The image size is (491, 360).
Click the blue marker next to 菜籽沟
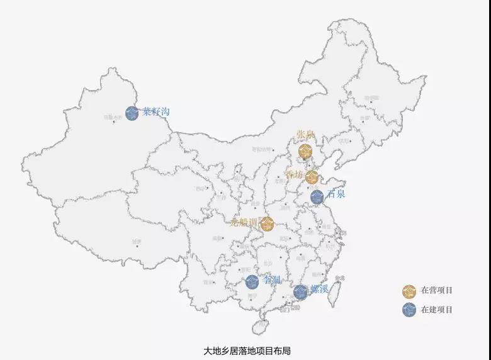[132, 113]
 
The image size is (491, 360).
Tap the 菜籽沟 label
[156, 112]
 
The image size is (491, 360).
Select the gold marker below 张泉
[306, 151]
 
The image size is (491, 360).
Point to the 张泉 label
[305, 135]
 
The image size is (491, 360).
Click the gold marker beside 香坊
[312, 177]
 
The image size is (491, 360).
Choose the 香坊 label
[294, 174]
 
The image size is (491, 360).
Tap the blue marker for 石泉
[317, 196]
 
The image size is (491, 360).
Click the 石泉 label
[336, 194]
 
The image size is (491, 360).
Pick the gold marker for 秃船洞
[267, 223]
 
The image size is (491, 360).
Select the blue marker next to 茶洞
[252, 282]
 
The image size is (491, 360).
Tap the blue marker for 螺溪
[300, 292]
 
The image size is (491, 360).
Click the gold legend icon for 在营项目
[409, 291]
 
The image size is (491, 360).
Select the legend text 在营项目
[437, 291]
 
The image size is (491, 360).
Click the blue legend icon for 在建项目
[409, 310]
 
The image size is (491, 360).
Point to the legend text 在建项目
[437, 310]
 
